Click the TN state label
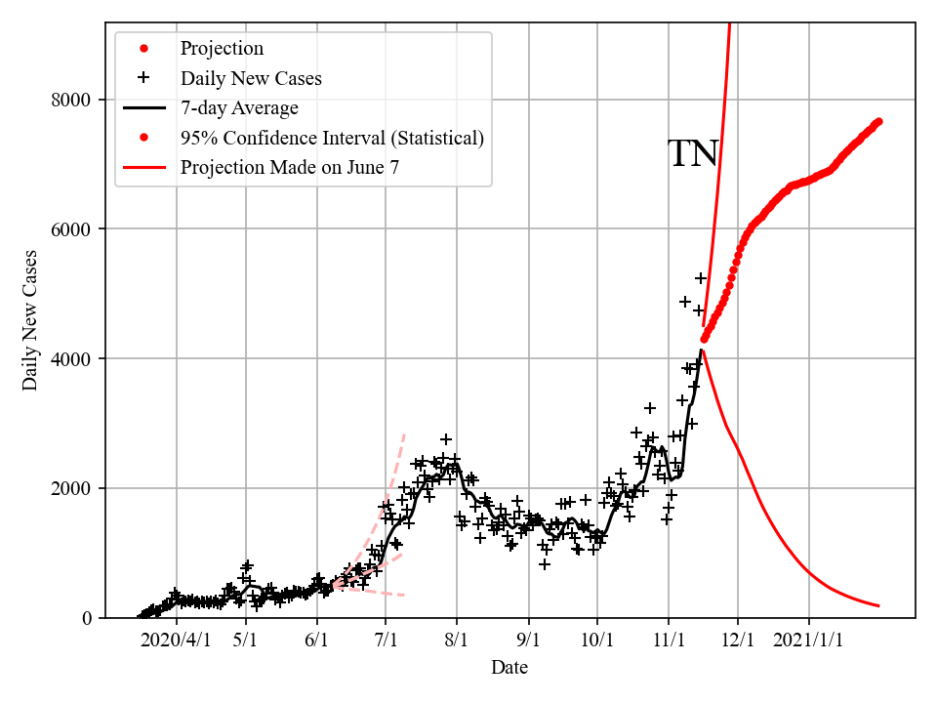[693, 154]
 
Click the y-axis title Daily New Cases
[30, 320]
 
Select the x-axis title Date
[509, 668]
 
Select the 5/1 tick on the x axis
[245, 641]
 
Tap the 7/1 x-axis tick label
[386, 641]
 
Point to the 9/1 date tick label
[528, 641]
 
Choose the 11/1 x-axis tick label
[669, 641]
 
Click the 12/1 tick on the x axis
[738, 641]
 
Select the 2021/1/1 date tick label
[809, 641]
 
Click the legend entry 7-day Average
[239, 108]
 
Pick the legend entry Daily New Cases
[251, 78]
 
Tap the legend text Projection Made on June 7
[290, 168]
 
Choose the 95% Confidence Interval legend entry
[332, 138]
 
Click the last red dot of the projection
[878, 121]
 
